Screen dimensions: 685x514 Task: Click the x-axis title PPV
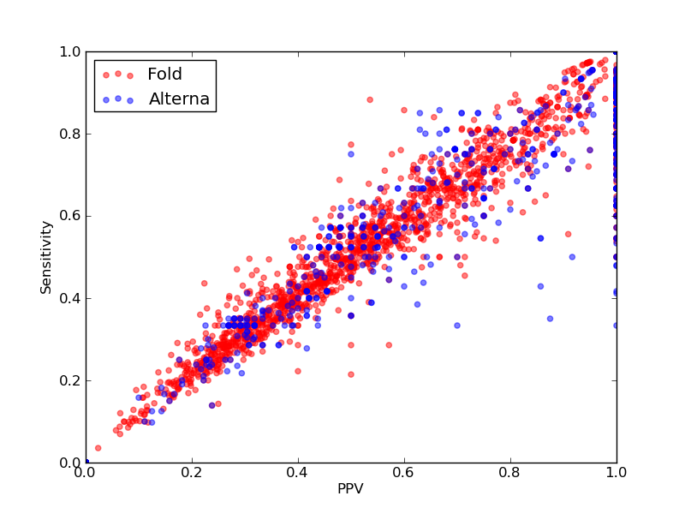[350, 488]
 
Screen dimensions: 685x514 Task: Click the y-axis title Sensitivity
[46, 258]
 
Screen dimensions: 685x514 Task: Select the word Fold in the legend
[164, 74]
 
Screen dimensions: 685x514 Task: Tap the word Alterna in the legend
[179, 99]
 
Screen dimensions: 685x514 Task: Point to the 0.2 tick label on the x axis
[192, 473]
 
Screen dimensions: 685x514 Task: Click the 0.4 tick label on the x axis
[298, 473]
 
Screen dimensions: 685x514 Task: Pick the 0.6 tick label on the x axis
[404, 473]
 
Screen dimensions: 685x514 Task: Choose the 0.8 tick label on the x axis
[510, 473]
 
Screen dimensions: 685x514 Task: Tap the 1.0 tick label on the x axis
[616, 473]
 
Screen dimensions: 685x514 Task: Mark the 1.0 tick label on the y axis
[70, 51]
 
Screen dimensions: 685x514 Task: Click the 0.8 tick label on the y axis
[70, 134]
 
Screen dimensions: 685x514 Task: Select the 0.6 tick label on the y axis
[70, 216]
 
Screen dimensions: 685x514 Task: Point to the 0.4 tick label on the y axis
[70, 298]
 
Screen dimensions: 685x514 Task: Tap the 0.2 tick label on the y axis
[70, 380]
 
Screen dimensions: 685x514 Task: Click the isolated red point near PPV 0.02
[98, 448]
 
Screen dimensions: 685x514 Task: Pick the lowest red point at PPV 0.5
[351, 374]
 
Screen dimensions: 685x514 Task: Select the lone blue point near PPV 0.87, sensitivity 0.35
[550, 319]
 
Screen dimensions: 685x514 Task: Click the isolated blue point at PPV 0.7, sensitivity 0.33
[457, 326]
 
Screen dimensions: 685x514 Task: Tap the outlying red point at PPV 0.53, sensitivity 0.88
[370, 99]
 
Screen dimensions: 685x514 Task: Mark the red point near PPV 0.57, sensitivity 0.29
[389, 345]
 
